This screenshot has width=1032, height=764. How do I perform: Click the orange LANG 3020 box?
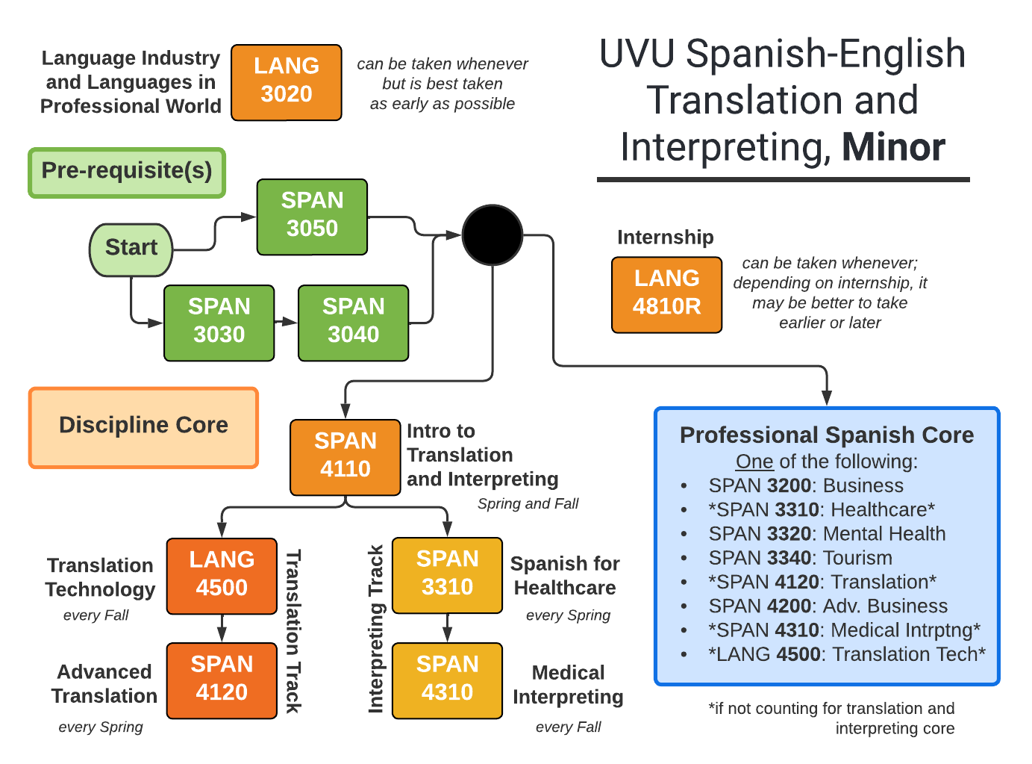(287, 82)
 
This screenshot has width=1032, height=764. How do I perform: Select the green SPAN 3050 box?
(312, 217)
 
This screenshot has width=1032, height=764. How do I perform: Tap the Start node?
(131, 249)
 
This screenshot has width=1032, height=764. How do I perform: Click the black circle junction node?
(492, 235)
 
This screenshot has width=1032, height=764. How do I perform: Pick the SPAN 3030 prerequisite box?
(219, 323)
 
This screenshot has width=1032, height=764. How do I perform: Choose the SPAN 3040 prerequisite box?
(353, 323)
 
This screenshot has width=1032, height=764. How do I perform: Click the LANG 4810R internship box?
(666, 294)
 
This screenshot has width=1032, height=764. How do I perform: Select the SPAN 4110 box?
(345, 457)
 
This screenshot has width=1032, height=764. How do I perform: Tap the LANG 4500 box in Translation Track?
(222, 576)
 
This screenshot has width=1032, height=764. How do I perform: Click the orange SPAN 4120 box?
(222, 680)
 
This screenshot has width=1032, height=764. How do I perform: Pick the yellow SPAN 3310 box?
(447, 575)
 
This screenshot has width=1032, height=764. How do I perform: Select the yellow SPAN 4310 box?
(447, 680)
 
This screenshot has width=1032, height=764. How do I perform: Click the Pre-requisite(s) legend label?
(127, 172)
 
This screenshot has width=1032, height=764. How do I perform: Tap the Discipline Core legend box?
(143, 427)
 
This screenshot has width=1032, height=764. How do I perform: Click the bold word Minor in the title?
(893, 147)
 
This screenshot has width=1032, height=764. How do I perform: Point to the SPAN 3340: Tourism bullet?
(800, 558)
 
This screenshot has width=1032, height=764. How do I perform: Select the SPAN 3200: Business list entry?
(806, 485)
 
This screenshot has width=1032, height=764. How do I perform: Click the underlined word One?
(754, 462)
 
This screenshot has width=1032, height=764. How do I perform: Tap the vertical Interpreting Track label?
(375, 629)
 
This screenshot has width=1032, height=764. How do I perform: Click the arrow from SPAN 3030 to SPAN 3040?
(286, 323)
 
